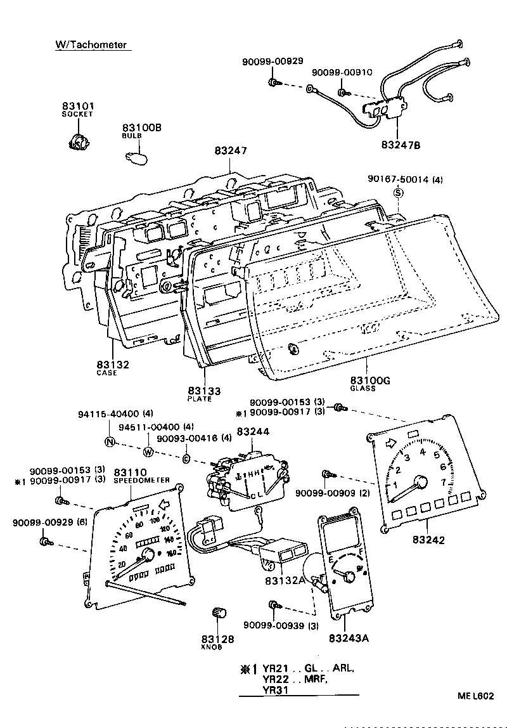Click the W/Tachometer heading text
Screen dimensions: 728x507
(x=91, y=45)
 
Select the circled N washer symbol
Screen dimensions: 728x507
(x=110, y=443)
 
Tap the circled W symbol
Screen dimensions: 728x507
(x=148, y=452)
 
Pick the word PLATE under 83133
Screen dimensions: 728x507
(x=200, y=399)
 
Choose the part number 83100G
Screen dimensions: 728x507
(x=370, y=380)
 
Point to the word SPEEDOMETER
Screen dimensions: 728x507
(x=142, y=481)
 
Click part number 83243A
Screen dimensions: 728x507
(x=349, y=637)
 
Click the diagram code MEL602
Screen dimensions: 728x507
(x=476, y=696)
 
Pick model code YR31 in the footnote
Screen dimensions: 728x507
(x=276, y=691)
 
